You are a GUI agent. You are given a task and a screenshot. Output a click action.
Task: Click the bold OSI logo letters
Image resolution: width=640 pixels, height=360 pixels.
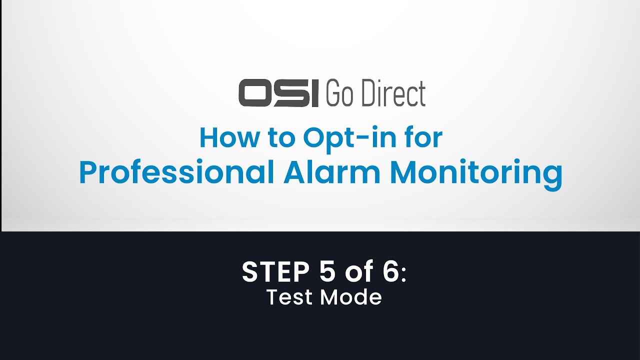278,93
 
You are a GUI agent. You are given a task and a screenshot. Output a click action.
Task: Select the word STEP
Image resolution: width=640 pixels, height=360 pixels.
273,272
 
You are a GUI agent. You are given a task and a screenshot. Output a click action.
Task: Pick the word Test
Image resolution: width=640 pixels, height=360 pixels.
290,297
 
